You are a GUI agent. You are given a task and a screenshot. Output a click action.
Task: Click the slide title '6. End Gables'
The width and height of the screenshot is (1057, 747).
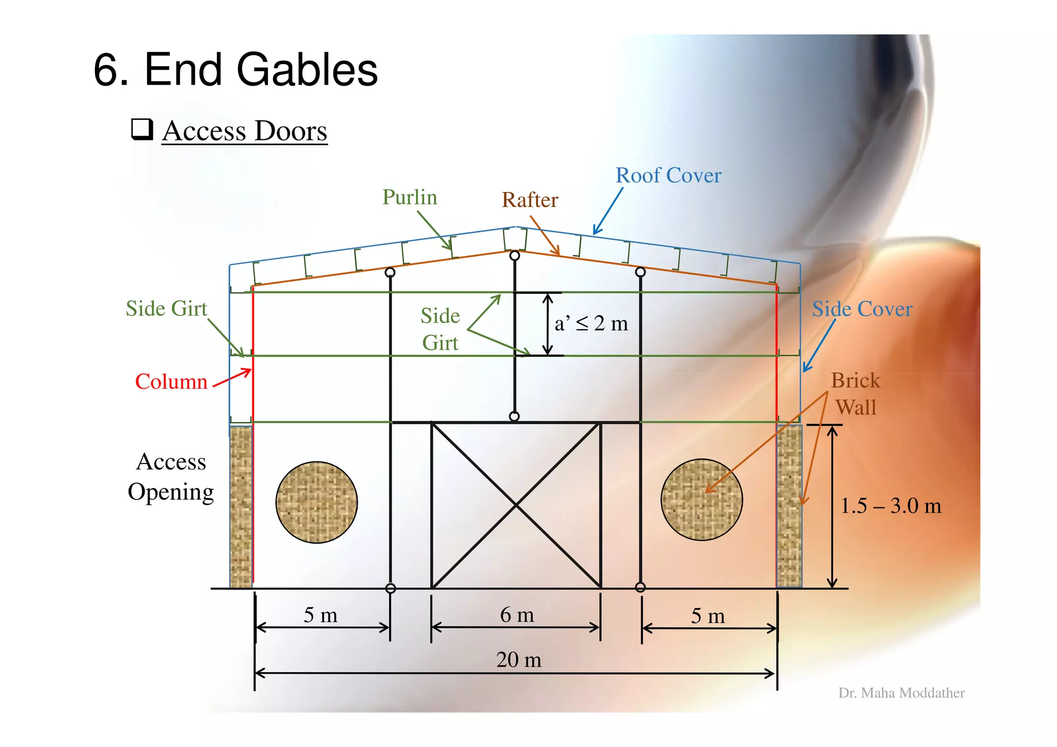[235, 70]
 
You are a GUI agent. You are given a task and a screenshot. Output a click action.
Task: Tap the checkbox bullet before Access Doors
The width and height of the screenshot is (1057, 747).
[142, 129]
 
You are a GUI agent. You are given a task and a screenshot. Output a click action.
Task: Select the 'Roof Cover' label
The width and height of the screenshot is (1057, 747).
[668, 176]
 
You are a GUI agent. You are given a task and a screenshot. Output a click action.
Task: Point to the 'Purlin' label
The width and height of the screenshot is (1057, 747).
[409, 197]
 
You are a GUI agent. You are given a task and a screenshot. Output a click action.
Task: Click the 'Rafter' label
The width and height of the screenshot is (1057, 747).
[530, 200]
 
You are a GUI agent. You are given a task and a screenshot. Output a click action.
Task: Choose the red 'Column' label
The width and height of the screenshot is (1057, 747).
[171, 382]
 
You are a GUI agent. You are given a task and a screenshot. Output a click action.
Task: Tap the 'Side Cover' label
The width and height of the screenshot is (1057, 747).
[862, 309]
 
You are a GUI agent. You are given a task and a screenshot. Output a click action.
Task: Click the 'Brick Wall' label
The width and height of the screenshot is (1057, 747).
[855, 393]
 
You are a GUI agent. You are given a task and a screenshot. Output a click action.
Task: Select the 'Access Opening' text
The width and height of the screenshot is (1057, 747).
[171, 476]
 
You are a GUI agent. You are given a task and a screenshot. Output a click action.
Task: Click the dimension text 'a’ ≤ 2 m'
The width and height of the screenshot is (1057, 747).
[591, 324]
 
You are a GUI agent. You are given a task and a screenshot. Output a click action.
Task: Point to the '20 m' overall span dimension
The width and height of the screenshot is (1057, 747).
[519, 660]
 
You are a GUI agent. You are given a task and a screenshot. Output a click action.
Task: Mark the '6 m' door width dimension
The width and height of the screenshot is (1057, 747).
[517, 615]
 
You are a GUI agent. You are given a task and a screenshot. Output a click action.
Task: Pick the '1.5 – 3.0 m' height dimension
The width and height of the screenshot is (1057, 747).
[890, 506]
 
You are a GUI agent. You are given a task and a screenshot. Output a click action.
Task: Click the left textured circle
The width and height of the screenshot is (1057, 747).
[316, 502]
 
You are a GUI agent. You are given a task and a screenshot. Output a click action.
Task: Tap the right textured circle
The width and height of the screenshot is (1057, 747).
[701, 500]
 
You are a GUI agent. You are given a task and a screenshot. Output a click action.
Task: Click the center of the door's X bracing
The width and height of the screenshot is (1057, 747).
[516, 505]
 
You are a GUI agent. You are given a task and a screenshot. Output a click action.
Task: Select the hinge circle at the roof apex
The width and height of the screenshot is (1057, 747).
[515, 256]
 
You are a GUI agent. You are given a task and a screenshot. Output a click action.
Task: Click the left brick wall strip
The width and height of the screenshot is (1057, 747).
[241, 506]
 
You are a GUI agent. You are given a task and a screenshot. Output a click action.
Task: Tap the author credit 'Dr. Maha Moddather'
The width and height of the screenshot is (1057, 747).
[901, 693]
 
